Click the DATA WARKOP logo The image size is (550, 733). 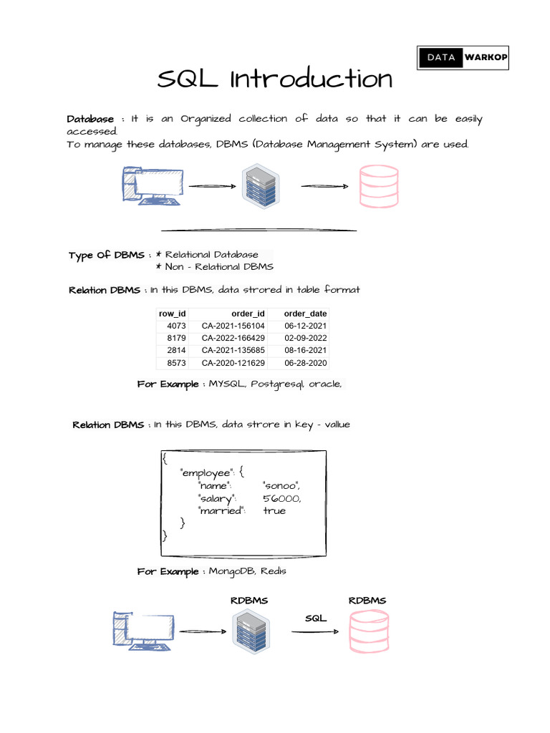pyautogui.click(x=463, y=57)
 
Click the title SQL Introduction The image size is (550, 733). pyautogui.click(x=275, y=79)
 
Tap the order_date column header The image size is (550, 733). pyautogui.click(x=305, y=314)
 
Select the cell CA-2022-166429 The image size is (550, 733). pyautogui.click(x=233, y=338)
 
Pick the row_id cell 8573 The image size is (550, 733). pyautogui.click(x=176, y=364)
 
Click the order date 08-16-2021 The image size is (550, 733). pyautogui.click(x=305, y=351)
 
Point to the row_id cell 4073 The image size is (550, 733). pyautogui.click(x=176, y=326)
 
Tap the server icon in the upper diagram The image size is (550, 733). pyautogui.click(x=261, y=186)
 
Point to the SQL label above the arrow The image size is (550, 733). pyautogui.click(x=316, y=618)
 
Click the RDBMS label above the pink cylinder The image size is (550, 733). pyautogui.click(x=367, y=601)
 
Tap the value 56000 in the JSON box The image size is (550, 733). pyautogui.click(x=282, y=498)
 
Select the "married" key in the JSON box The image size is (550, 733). pyautogui.click(x=222, y=510)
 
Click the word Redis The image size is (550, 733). pyautogui.click(x=274, y=571)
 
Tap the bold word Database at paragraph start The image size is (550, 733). pyautogui.click(x=90, y=119)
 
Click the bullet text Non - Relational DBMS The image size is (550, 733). pyautogui.click(x=219, y=266)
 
